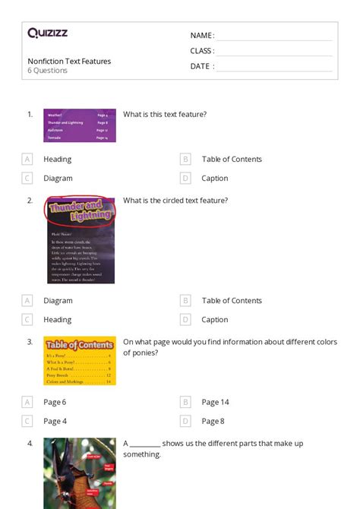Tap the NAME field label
click(x=202, y=36)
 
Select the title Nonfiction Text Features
click(x=69, y=62)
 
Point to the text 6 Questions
click(x=48, y=71)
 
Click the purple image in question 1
click(x=80, y=125)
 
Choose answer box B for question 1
click(x=185, y=160)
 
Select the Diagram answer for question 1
click(x=58, y=179)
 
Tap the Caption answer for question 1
click(x=215, y=179)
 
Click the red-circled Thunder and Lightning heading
click(x=80, y=210)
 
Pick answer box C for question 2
click(x=27, y=320)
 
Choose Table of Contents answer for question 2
click(x=232, y=301)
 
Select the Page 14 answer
click(x=215, y=402)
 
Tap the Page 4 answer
click(x=55, y=421)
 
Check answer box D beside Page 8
click(x=185, y=421)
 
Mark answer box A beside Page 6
click(x=27, y=402)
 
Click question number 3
click(x=30, y=342)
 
